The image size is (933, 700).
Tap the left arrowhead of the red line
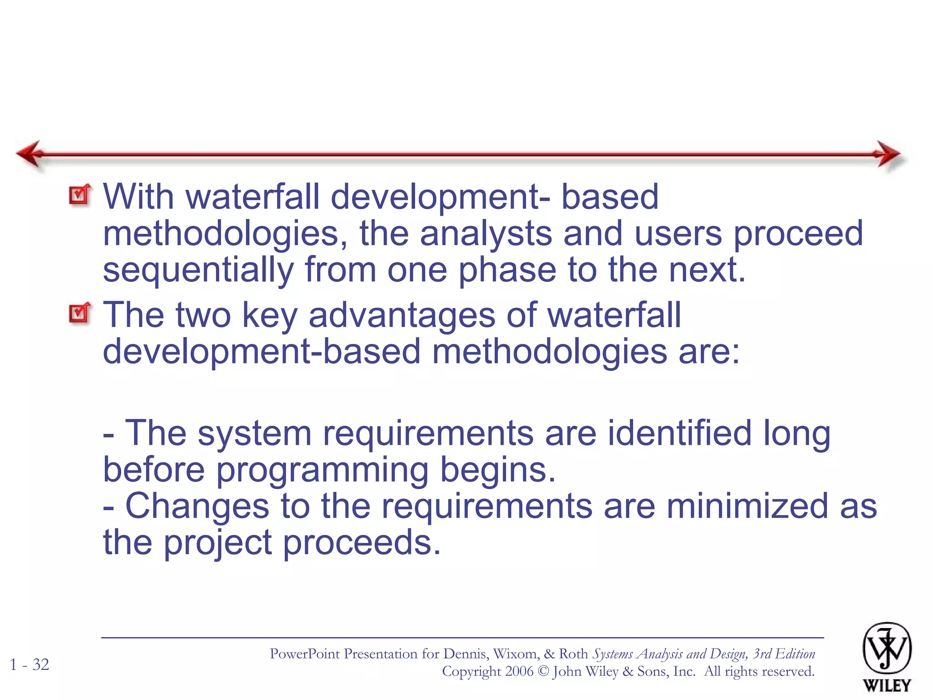30,154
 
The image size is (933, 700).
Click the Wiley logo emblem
887,649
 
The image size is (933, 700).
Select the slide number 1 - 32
30,664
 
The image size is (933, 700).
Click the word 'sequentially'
198,270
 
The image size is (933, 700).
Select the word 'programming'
322,470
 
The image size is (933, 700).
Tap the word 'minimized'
747,506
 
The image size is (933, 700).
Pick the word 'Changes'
197,506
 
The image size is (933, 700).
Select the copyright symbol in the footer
543,671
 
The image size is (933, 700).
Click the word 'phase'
507,270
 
